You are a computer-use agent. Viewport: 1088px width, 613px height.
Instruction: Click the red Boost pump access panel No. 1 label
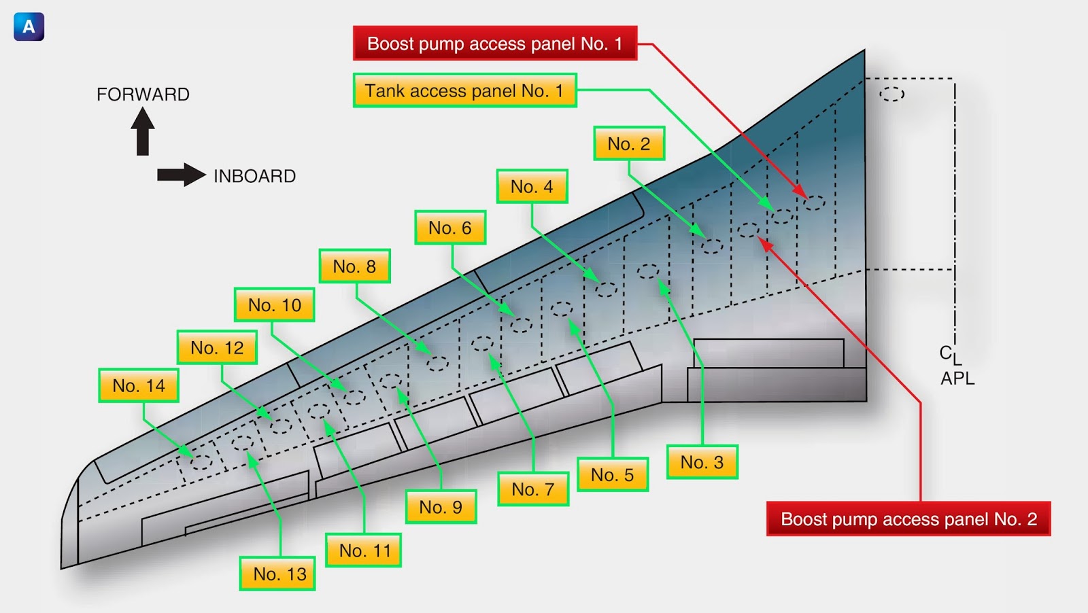click(x=495, y=43)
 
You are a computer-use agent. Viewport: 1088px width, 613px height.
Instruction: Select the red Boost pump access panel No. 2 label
click(x=908, y=519)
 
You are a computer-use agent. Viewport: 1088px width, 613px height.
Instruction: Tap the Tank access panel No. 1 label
click(x=465, y=90)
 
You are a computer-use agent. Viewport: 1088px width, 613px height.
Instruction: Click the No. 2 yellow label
click(x=629, y=143)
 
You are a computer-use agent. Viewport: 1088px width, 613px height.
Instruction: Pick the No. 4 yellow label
click(x=532, y=186)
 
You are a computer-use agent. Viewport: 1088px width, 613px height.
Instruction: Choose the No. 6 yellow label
click(x=450, y=228)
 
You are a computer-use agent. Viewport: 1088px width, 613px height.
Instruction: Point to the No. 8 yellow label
click(x=354, y=266)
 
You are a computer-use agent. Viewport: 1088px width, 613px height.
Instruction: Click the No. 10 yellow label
click(x=275, y=305)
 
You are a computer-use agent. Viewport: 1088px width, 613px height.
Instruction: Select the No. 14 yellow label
click(x=139, y=386)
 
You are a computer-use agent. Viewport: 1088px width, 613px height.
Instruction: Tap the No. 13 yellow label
click(x=278, y=574)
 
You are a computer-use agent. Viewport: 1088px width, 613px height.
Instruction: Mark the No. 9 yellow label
click(x=441, y=507)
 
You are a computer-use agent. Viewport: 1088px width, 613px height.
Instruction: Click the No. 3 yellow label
click(x=702, y=462)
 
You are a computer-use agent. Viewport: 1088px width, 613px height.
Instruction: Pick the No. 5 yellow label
click(x=613, y=474)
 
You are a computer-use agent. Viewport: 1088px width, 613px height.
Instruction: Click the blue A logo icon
click(x=29, y=27)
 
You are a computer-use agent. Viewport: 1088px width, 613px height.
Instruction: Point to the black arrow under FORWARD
click(x=143, y=131)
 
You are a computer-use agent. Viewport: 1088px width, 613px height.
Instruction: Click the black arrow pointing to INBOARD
click(x=182, y=175)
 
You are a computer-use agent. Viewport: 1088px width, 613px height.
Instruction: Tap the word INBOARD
click(x=254, y=176)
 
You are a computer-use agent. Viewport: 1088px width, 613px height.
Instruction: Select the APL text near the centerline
click(x=957, y=379)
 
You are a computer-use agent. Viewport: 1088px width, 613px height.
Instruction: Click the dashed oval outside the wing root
click(x=891, y=94)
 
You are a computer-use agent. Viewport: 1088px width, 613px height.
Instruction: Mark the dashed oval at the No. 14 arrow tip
click(x=201, y=462)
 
